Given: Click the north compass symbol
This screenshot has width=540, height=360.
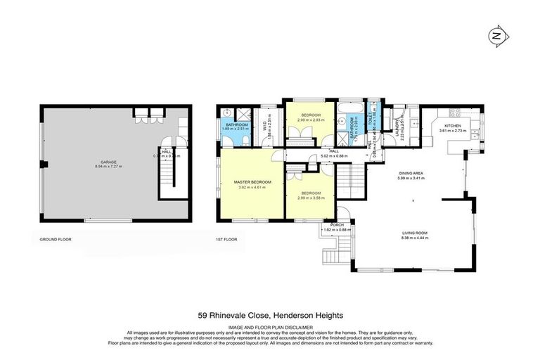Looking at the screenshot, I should (497, 35).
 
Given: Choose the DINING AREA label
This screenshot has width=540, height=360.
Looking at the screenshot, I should (411, 174).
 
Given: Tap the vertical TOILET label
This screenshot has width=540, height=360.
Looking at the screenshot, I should (368, 120).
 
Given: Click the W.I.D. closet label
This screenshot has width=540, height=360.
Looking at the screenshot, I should (265, 126).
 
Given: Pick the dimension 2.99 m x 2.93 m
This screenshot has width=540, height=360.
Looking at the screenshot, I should (311, 120).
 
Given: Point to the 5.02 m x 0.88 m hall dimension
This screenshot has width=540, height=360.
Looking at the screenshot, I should (334, 155).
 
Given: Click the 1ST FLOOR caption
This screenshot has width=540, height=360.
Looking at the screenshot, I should (226, 240).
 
